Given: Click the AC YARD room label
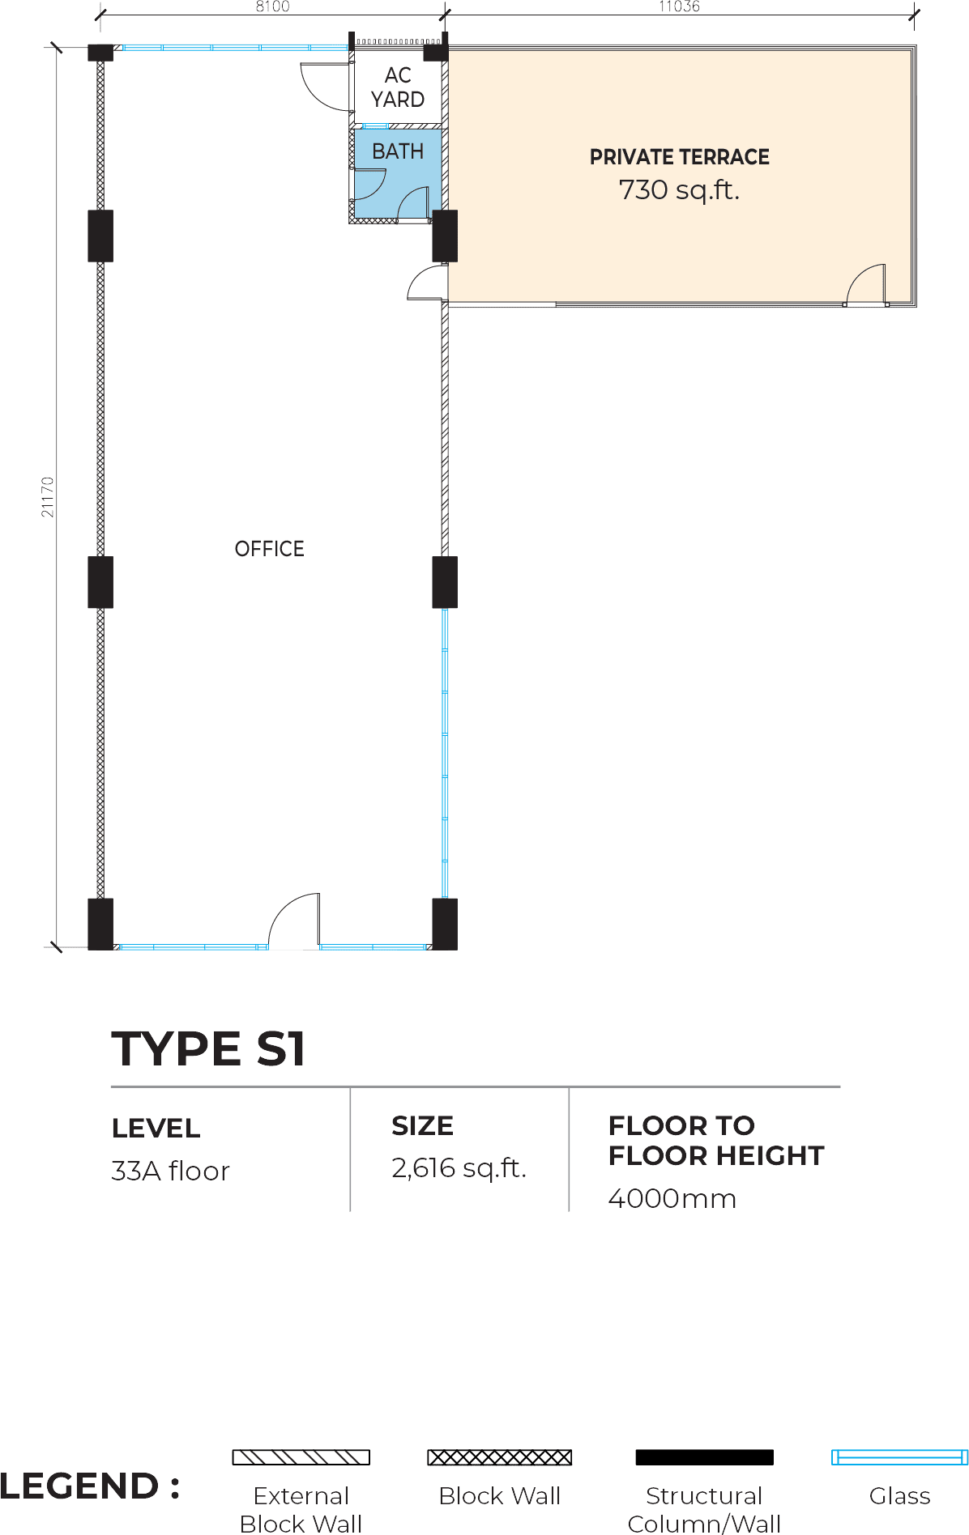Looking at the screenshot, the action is click(x=398, y=87).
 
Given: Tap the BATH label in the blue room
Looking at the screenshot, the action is click(x=398, y=151).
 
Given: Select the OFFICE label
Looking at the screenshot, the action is click(x=269, y=549).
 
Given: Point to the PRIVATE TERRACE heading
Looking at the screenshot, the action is click(x=679, y=157).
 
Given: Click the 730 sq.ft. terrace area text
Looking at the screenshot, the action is click(x=679, y=190).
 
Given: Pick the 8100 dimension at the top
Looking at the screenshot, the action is click(x=272, y=6).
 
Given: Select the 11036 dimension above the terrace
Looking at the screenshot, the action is click(x=679, y=6).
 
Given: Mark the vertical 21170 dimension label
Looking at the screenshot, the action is click(x=48, y=497).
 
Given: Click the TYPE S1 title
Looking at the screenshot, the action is click(x=208, y=1048).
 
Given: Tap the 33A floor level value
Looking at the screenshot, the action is click(x=170, y=1171).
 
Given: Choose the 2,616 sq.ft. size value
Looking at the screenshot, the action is click(x=459, y=1168).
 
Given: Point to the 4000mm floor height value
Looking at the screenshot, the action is click(x=672, y=1198).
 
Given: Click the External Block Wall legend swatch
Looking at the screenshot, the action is click(x=301, y=1457).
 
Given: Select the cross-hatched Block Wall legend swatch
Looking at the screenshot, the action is click(x=499, y=1457).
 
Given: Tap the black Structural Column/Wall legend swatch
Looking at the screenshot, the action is click(x=704, y=1457).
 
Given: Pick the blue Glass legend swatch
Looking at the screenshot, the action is click(x=899, y=1457).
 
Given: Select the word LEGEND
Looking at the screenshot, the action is click(x=79, y=1486).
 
